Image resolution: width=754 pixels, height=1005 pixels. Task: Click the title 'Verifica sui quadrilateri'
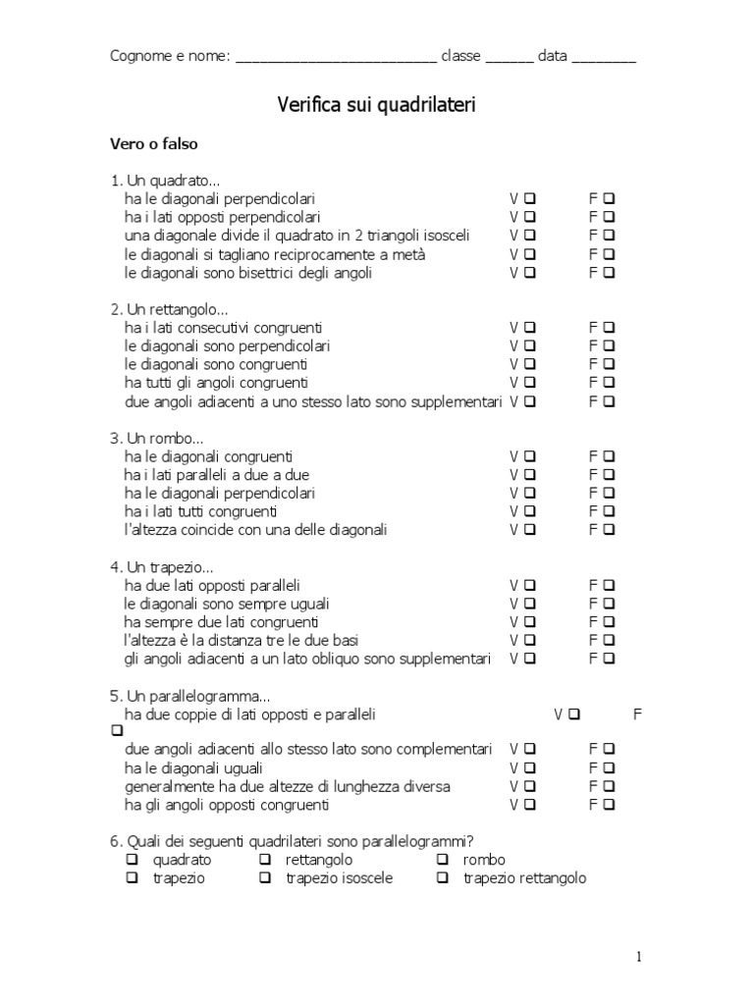[x=377, y=105]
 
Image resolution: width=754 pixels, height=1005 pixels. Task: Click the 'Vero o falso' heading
[x=153, y=143]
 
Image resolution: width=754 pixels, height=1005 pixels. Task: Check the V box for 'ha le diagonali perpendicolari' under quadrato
[x=530, y=198]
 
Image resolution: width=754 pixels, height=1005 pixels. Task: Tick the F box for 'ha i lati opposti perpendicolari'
[x=610, y=217]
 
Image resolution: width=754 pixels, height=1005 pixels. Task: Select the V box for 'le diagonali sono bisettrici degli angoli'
[x=530, y=273]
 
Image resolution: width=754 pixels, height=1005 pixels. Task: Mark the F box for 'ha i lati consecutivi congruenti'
[x=610, y=327]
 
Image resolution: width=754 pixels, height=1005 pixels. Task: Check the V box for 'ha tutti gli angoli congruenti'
[x=530, y=383]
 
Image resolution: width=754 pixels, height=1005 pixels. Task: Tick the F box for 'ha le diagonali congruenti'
[x=610, y=456]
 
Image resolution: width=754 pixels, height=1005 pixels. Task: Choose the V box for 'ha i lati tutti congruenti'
[x=530, y=511]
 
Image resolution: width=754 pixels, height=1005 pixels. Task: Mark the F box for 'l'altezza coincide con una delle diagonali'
[x=610, y=530]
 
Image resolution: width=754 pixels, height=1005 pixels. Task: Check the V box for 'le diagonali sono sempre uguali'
[x=530, y=604]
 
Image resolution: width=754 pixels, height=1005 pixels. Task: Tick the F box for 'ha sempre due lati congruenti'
[x=610, y=622]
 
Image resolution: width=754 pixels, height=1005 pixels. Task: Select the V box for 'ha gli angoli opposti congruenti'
[x=530, y=806]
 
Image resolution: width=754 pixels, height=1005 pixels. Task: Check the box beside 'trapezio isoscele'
[x=265, y=878]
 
